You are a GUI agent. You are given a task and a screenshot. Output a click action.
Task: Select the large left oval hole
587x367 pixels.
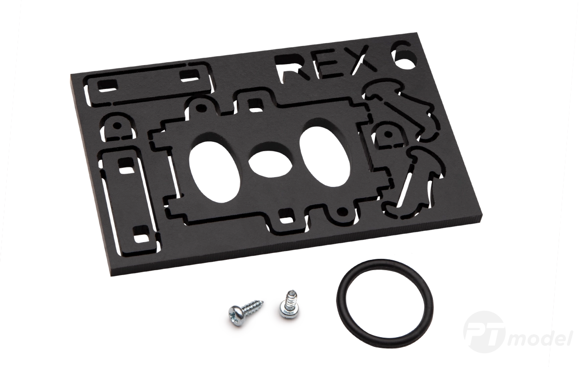coord(214,172)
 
